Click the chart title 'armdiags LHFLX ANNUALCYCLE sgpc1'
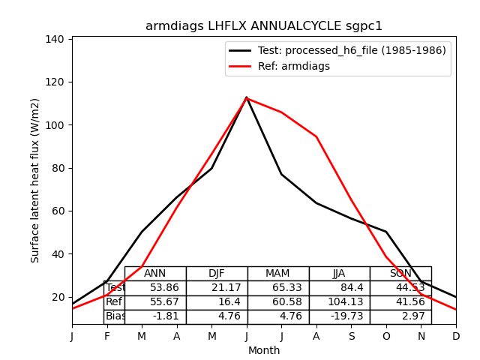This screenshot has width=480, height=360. point(264,26)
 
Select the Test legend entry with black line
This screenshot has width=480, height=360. point(337,50)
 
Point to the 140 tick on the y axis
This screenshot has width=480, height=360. point(58,39)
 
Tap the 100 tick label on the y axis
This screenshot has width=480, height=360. point(58,124)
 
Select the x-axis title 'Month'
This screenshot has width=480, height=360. point(264,350)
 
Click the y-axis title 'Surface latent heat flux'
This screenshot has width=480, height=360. point(35,180)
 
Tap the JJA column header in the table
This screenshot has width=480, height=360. point(339,274)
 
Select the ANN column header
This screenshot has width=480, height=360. point(155,274)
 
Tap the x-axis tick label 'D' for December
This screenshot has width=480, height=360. point(456,337)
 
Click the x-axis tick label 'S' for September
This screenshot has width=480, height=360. point(351,337)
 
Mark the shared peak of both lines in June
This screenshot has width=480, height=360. point(247,97)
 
